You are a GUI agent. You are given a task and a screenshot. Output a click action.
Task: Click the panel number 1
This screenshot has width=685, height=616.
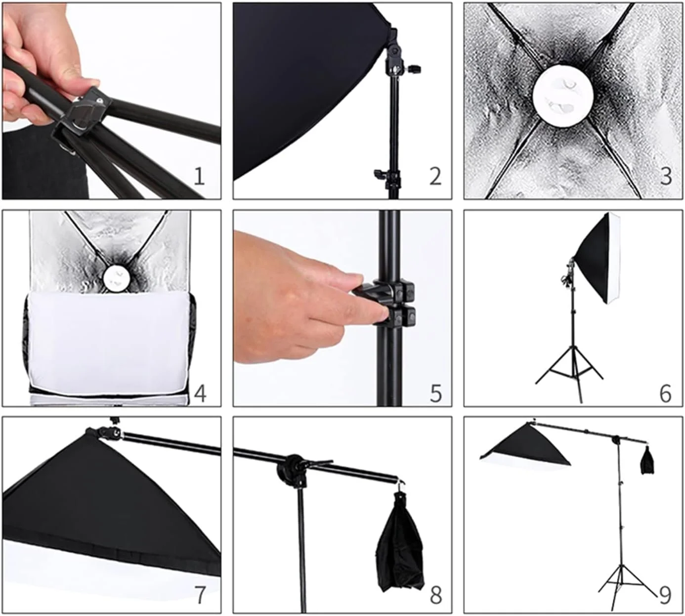click(199, 176)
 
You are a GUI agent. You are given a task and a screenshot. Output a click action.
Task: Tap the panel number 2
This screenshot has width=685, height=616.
click(435, 176)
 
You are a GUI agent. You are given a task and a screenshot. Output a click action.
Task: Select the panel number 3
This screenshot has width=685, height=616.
click(666, 176)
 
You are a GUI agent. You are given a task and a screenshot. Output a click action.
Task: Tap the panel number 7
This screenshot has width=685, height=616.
click(200, 595)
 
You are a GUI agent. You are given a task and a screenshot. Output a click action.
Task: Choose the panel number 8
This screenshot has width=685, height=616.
click(435, 595)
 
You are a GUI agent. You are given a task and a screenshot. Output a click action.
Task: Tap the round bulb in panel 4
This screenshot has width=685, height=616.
click(117, 278)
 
